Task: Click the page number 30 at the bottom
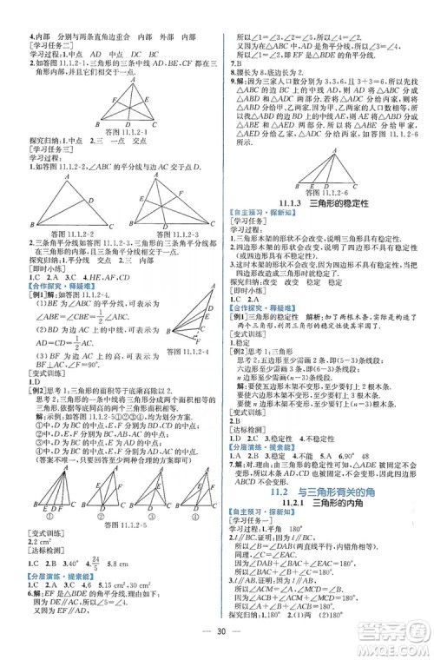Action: [218, 630]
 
